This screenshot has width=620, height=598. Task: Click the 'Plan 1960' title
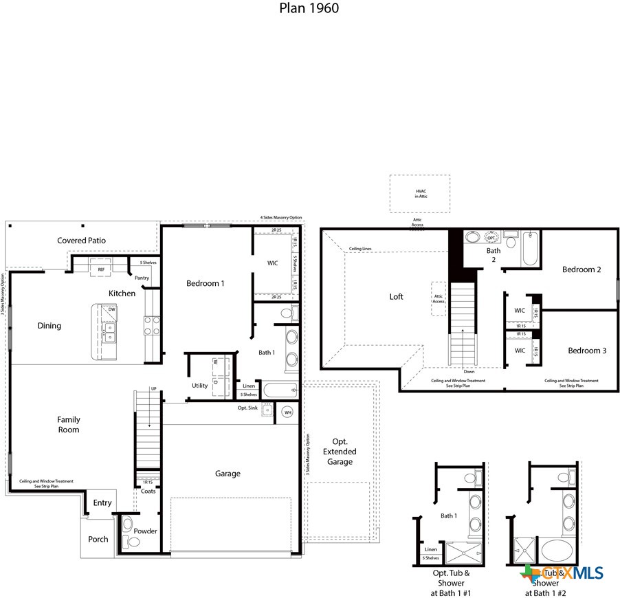pyautogui.click(x=309, y=8)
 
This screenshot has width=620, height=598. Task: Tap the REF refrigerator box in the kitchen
pyautogui.click(x=101, y=269)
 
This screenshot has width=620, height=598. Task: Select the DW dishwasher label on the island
pyautogui.click(x=111, y=310)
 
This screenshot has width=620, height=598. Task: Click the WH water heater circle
pyautogui.click(x=287, y=412)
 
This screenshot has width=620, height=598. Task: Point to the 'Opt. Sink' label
pyautogui.click(x=247, y=408)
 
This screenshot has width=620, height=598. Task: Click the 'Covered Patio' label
pyautogui.click(x=81, y=241)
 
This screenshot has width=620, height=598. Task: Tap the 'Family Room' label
pyautogui.click(x=68, y=425)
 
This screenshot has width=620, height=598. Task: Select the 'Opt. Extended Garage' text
pyautogui.click(x=340, y=451)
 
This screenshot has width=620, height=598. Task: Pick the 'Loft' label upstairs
pyautogui.click(x=396, y=297)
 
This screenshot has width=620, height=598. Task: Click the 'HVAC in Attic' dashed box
pyautogui.click(x=419, y=193)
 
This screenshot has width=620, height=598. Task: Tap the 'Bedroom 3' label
pyautogui.click(x=586, y=351)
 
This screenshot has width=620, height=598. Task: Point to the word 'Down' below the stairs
pyautogui.click(x=469, y=372)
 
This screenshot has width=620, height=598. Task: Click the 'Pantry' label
pyautogui.click(x=142, y=278)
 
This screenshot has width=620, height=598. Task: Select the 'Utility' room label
pyautogui.click(x=200, y=386)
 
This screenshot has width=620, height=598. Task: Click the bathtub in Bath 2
pyautogui.click(x=530, y=251)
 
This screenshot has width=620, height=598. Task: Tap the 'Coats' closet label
pyautogui.click(x=148, y=491)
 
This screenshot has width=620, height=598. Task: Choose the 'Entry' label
pyautogui.click(x=102, y=503)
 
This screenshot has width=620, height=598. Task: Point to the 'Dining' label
pyautogui.click(x=49, y=326)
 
